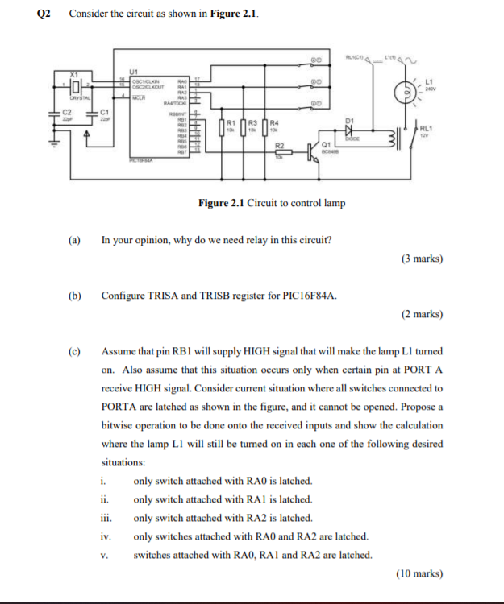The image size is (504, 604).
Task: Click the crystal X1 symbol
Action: point(74,85)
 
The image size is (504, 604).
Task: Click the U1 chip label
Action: point(135,70)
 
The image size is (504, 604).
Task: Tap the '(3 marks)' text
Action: point(421,259)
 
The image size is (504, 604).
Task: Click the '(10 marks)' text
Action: point(419,573)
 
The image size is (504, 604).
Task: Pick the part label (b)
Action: point(75,296)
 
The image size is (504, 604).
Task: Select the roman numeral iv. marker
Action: point(106,536)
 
